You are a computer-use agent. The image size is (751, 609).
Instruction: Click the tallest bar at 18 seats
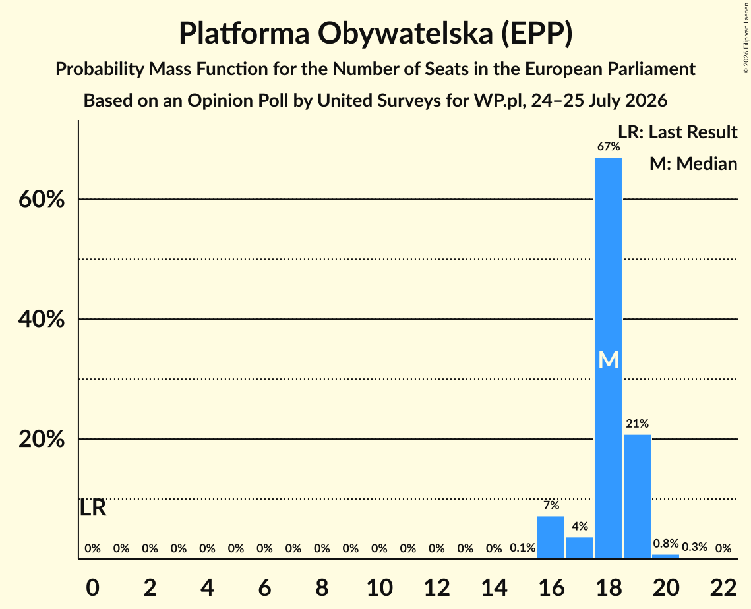(609, 358)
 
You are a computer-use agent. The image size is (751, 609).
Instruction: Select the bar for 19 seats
(637, 496)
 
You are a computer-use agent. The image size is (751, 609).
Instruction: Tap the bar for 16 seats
(551, 537)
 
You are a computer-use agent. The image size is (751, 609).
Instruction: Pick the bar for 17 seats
(580, 548)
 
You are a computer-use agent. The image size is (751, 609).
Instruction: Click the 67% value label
(609, 146)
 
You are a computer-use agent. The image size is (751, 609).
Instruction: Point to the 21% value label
(637, 424)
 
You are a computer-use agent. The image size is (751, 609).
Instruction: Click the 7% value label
(551, 505)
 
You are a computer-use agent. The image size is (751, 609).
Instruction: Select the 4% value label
(580, 526)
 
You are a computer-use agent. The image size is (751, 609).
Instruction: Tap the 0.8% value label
(666, 544)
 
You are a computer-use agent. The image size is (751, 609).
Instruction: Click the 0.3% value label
(694, 547)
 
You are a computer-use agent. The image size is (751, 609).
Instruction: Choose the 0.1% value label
(523, 548)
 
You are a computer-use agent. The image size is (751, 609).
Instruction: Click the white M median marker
(609, 360)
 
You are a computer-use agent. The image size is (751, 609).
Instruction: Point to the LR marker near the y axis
(92, 508)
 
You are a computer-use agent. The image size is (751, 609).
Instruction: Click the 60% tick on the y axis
(41, 199)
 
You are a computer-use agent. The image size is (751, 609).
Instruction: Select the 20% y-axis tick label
(41, 439)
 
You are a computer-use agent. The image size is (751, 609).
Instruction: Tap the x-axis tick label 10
(379, 587)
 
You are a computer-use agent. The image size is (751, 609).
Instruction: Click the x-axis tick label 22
(723, 587)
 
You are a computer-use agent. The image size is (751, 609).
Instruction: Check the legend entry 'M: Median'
(693, 163)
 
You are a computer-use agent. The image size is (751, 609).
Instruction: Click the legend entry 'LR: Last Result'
(677, 132)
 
